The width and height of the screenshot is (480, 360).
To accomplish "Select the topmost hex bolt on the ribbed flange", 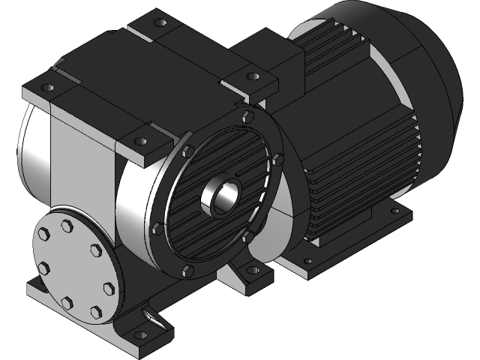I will tap(247, 115).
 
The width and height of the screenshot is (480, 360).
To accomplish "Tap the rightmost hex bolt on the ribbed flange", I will tap(277, 158).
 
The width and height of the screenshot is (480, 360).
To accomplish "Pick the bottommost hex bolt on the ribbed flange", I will tap(187, 268).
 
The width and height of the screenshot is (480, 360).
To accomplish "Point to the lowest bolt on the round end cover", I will tap(96, 310).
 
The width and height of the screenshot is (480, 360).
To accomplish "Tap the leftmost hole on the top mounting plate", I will tap(48, 88).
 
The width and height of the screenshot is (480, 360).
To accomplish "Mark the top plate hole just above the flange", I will tap(139, 141).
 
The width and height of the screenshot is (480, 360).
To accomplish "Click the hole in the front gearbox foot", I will tap(139, 334).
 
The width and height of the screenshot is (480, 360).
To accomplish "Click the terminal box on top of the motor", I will tap(270, 56).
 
